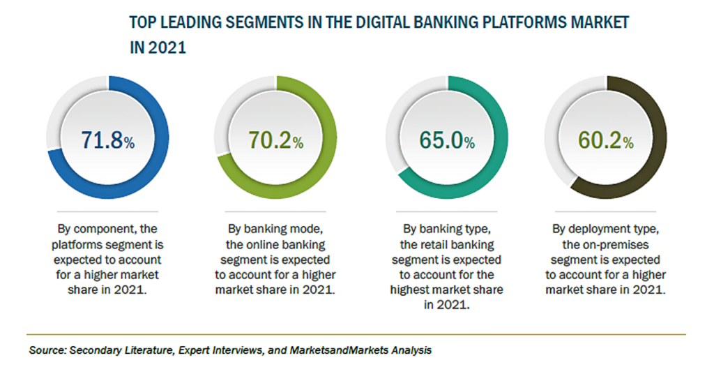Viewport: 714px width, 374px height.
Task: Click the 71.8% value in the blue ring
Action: (108, 140)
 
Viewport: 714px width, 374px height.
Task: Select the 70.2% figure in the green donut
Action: (276, 140)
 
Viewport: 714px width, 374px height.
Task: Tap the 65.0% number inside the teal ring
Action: (447, 140)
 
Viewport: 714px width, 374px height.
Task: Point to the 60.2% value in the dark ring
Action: (606, 140)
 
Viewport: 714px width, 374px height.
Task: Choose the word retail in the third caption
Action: (432, 245)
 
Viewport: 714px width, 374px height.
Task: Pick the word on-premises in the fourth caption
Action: (615, 245)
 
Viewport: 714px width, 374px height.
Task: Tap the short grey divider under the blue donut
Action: (107, 212)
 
